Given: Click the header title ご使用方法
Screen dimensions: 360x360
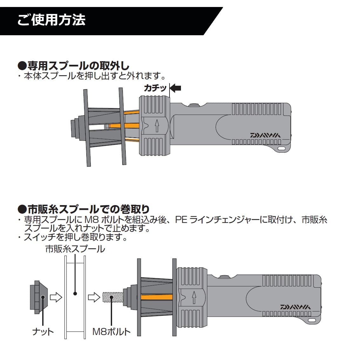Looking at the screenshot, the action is tap(51, 20).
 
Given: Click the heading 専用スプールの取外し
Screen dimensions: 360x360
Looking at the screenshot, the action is tap(73, 66).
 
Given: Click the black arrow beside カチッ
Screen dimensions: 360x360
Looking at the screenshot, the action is tap(176, 88).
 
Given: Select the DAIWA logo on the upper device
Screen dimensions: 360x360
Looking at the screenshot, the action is tap(265, 135).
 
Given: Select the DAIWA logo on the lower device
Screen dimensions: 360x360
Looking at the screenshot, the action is tap(296, 307).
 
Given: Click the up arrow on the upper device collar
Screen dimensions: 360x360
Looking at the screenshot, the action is tap(157, 126).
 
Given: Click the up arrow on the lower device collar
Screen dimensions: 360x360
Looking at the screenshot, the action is tap(194, 297).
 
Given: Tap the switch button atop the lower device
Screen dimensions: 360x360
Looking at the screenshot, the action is tap(225, 277).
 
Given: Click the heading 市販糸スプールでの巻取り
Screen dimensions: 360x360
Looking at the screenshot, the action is tap(83, 209).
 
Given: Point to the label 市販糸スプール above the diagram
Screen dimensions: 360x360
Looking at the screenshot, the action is tap(75, 249).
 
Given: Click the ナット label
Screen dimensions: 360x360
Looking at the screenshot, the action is tap(43, 332).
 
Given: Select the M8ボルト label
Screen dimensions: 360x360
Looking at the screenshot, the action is tap(111, 332).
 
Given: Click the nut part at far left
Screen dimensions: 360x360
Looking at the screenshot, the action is tap(39, 297).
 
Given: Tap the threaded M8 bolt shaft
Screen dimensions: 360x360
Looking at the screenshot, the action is tap(113, 297).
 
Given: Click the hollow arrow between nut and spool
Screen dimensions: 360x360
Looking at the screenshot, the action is tap(56, 297).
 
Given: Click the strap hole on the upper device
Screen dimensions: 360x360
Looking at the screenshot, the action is tap(282, 148).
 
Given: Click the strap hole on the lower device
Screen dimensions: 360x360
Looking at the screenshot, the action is tap(312, 320).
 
